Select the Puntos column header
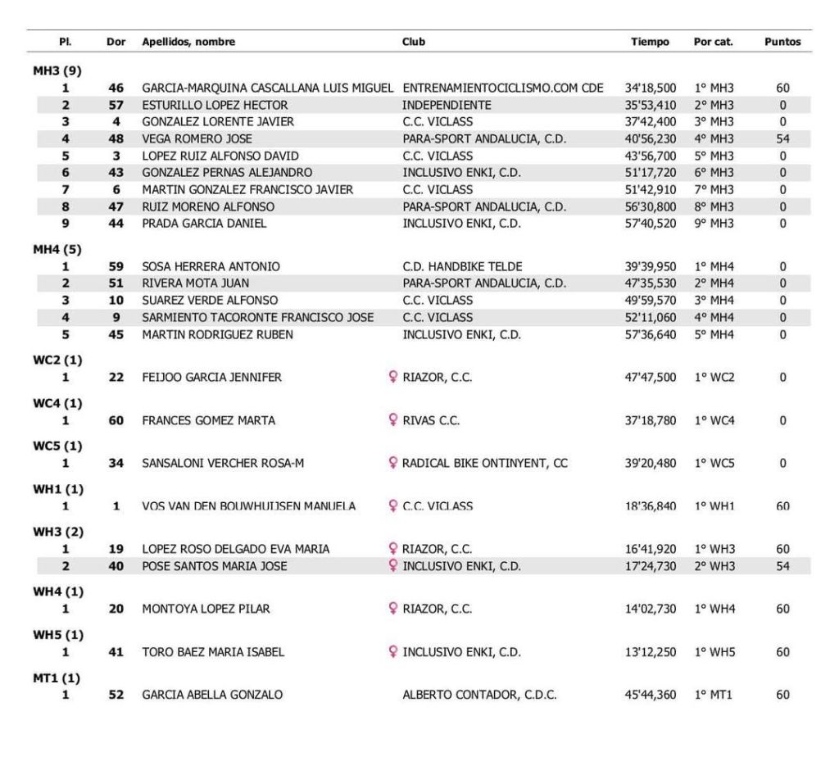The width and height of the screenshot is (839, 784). [782, 42]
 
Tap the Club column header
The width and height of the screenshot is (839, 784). [414, 42]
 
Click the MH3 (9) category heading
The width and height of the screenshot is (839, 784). [51, 71]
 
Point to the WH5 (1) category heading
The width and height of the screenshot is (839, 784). [51, 636]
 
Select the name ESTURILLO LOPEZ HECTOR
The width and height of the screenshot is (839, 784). [215, 105]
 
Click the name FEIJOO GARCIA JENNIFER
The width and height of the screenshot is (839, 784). [211, 378]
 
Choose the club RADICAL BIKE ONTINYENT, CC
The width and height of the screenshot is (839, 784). [484, 464]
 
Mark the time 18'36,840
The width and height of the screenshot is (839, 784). [650, 506]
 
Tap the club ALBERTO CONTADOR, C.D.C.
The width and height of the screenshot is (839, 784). [479, 696]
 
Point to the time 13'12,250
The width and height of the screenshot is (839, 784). [650, 653]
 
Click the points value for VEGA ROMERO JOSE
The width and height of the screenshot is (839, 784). [782, 139]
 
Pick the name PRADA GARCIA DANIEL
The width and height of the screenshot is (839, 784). [204, 224]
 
